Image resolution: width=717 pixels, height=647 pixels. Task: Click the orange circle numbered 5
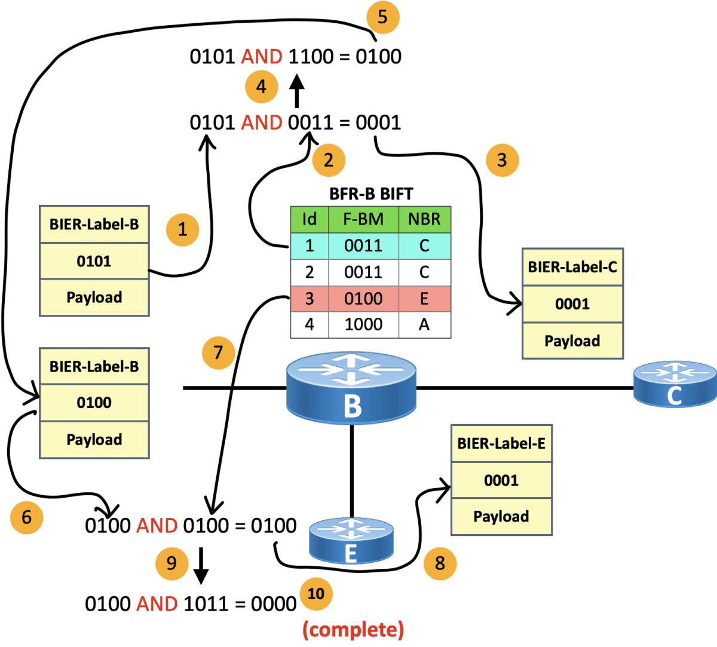pyautogui.click(x=383, y=17)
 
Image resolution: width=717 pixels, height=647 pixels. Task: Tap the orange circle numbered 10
pyautogui.click(x=316, y=594)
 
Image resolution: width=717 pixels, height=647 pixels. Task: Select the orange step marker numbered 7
pyautogui.click(x=219, y=353)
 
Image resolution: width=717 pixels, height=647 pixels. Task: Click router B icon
pyautogui.click(x=351, y=388)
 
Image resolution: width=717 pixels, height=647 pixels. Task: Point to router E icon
pyautogui.click(x=351, y=540)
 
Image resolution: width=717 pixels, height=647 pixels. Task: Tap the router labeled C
pyautogui.click(x=675, y=384)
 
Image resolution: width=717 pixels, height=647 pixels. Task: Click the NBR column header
pyautogui.click(x=425, y=219)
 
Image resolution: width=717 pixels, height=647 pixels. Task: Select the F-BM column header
pyautogui.click(x=363, y=219)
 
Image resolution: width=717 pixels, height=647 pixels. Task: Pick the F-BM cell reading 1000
pyautogui.click(x=363, y=324)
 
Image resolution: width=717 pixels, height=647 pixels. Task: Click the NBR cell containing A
pyautogui.click(x=425, y=324)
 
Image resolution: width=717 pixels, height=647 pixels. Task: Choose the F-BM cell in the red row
pyautogui.click(x=363, y=299)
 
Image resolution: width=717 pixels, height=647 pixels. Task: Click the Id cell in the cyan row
pyautogui.click(x=310, y=246)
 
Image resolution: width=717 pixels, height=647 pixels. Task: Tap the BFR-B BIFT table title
pyautogui.click(x=371, y=194)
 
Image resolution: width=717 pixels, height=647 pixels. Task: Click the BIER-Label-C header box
pyautogui.click(x=572, y=267)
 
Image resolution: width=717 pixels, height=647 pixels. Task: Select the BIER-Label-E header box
pyautogui.click(x=501, y=444)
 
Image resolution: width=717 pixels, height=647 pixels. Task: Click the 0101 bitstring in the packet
pyautogui.click(x=94, y=261)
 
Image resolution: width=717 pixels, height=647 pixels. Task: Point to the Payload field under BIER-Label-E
pyautogui.click(x=501, y=517)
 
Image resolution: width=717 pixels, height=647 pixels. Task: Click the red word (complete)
pyautogui.click(x=353, y=630)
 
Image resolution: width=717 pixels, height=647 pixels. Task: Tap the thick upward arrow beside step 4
pyautogui.click(x=297, y=91)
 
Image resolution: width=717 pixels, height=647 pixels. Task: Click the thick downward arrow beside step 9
pyautogui.click(x=201, y=566)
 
